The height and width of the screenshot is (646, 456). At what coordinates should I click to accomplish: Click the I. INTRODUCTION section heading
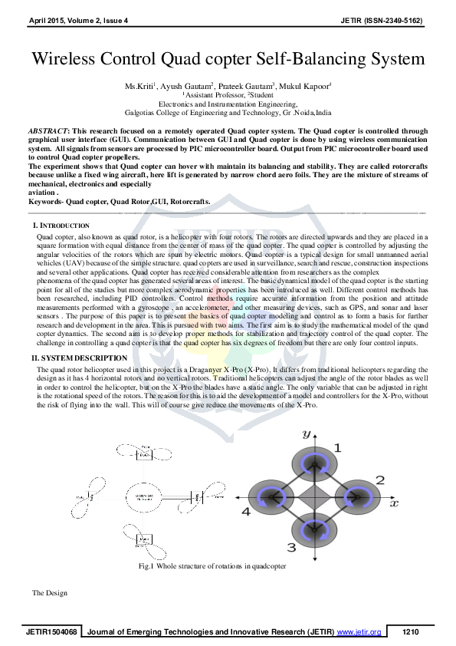click(61, 226)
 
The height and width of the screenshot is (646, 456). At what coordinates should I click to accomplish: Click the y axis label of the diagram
click(306, 434)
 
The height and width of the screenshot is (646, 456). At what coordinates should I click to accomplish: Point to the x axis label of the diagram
click(394, 505)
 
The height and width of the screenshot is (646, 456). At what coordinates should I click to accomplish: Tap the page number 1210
click(411, 632)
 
